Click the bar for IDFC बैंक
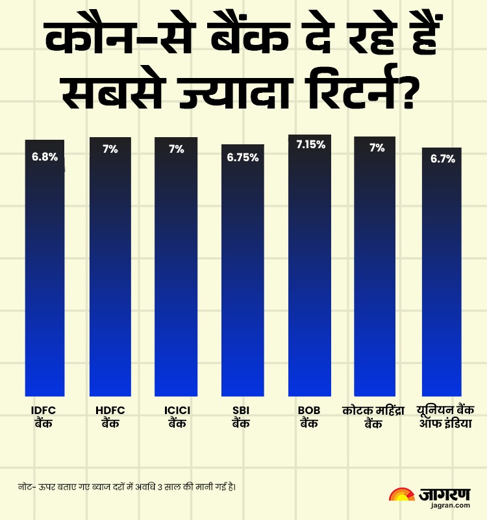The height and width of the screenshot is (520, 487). (x=45, y=273)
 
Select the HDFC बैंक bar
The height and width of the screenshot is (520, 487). (x=110, y=273)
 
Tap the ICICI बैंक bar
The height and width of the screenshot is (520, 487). (x=176, y=273)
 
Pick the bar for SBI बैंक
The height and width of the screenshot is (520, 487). (x=242, y=273)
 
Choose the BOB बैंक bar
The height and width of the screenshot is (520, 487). (x=310, y=273)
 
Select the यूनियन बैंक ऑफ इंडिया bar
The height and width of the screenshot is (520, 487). (x=442, y=273)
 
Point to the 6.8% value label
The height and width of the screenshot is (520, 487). (x=45, y=157)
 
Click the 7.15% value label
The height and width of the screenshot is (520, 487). (x=310, y=145)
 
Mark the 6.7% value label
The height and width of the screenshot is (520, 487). (x=442, y=159)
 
